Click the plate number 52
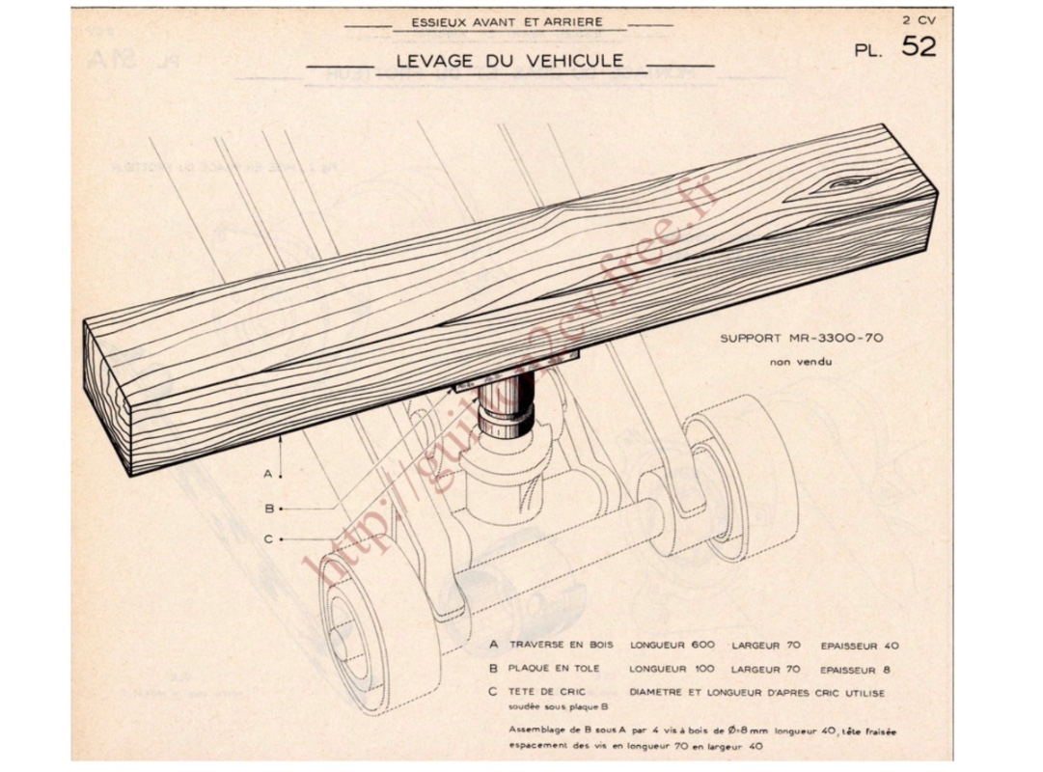[x=918, y=45]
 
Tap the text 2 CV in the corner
[x=919, y=19]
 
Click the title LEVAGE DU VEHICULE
[x=509, y=62]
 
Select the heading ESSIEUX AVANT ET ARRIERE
[x=507, y=21]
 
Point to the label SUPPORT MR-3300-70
[x=801, y=339]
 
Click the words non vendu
[x=800, y=362]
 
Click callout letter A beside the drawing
[x=268, y=475]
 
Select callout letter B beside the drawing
[x=268, y=509]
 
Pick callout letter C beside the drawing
[x=268, y=539]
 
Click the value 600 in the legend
[x=703, y=645]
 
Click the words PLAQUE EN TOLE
[x=554, y=668]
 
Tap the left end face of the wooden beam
[x=106, y=396]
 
